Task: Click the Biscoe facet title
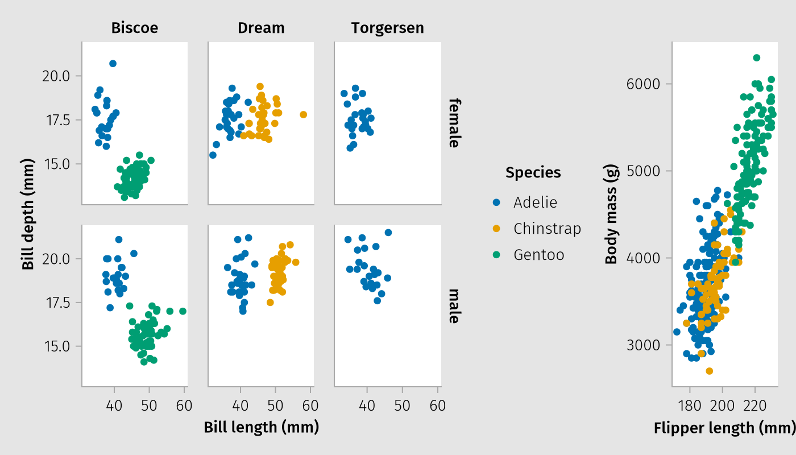point(135,28)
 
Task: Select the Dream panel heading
point(261,28)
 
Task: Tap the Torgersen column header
point(387,28)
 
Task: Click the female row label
point(453,123)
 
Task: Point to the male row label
point(453,306)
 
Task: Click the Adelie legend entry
point(535,202)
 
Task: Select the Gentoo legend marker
point(496,255)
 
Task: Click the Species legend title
point(533,172)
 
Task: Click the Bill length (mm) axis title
point(261,427)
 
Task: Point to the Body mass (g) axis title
point(611,214)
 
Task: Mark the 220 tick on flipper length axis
point(755,406)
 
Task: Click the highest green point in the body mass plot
point(757,57)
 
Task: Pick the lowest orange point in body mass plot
point(709,371)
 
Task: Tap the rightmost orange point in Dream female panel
point(303,115)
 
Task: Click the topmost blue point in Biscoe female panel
point(113,63)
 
